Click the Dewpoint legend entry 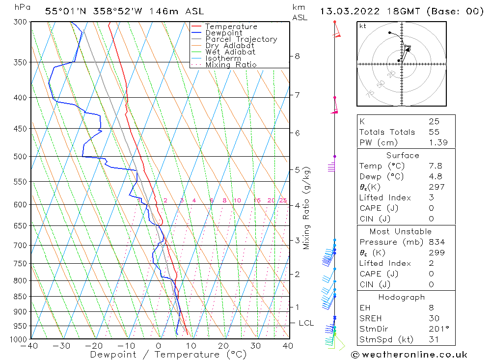tap(224, 33)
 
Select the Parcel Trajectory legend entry tap(241, 39)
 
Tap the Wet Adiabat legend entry tap(230, 52)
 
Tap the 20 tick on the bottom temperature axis tap(223, 346)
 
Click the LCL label tap(306, 323)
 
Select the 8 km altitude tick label tap(297, 56)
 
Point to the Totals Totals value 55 tap(434, 132)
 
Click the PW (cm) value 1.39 tap(438, 143)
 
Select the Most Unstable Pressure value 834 tap(436, 242)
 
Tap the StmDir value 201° tap(437, 329)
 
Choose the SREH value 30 tap(434, 318)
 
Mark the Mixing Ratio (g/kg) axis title tap(307, 208)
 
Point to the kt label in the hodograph tap(362, 26)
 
